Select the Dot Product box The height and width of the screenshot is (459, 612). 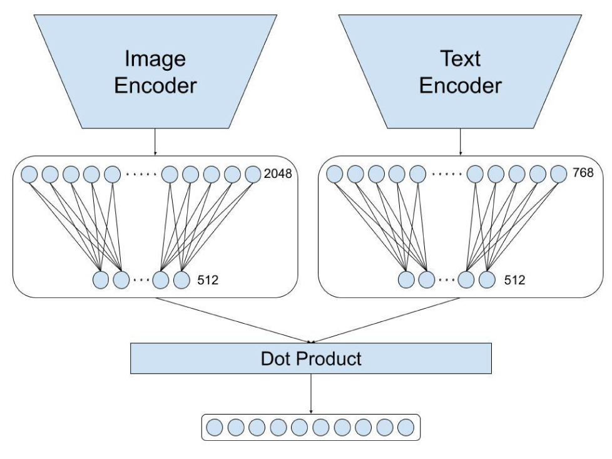click(x=310, y=359)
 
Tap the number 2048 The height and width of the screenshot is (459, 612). click(x=278, y=173)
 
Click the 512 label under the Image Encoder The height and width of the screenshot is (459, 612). click(x=207, y=280)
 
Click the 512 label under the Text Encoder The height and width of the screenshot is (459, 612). click(x=514, y=280)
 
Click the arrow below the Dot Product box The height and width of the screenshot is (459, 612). click(x=310, y=395)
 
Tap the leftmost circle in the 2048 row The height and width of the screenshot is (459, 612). click(x=30, y=173)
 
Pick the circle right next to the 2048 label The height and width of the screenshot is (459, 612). click(x=253, y=173)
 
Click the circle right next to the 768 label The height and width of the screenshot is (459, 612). click(x=558, y=173)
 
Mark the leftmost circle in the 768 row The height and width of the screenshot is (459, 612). click(x=335, y=173)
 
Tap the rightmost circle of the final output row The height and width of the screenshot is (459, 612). click(x=405, y=428)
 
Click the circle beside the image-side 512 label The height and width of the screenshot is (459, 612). click(x=181, y=280)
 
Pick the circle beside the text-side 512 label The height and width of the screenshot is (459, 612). click(x=487, y=280)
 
